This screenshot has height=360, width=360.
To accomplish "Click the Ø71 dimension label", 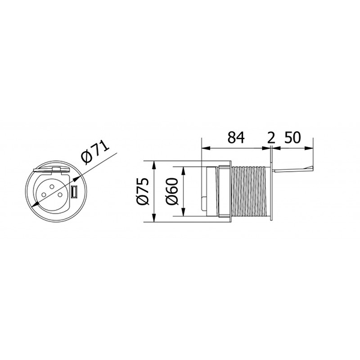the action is (x=96, y=152).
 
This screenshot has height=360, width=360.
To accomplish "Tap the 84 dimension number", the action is (x=236, y=137).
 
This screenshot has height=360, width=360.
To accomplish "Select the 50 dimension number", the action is (x=293, y=137).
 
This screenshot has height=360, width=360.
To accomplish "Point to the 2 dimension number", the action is (x=271, y=138).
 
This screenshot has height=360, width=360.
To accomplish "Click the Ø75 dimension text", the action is (x=143, y=191).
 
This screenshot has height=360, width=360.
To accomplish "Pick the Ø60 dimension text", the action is (x=172, y=191).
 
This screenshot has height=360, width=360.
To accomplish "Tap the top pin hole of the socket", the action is (x=52, y=187).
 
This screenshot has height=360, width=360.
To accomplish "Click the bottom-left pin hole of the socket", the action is (x=43, y=194).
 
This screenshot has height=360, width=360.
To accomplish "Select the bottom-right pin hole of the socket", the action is (x=60, y=194).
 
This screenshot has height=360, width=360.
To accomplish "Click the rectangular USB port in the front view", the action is (x=74, y=192).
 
